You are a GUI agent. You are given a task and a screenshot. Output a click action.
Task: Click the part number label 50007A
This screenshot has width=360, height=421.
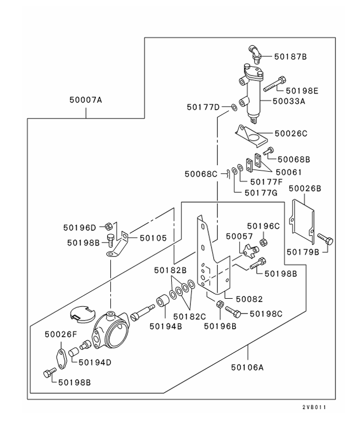click(86, 100)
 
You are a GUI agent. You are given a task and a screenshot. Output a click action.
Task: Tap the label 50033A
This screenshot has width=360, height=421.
click(289, 101)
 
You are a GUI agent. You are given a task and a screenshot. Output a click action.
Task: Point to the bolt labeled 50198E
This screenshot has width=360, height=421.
click(274, 84)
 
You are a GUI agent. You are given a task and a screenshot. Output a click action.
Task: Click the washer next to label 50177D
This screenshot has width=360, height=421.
click(234, 108)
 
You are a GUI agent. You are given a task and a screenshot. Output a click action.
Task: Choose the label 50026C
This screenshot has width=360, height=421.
click(291, 134)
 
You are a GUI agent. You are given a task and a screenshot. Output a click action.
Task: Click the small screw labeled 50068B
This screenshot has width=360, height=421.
click(268, 151)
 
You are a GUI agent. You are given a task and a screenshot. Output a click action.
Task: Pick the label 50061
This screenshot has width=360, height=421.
click(289, 172)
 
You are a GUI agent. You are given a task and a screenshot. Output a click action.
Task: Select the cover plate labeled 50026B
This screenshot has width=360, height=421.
click(302, 222)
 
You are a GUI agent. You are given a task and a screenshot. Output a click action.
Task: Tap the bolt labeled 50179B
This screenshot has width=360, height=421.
click(325, 238)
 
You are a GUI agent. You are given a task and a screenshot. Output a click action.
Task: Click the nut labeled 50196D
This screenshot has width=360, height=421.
click(108, 227)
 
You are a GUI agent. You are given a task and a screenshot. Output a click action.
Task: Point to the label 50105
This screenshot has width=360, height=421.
click(153, 238)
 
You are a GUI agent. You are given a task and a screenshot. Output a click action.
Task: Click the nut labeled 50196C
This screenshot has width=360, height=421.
click(263, 242)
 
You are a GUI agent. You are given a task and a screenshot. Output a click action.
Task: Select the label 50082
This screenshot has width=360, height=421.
click(249, 299)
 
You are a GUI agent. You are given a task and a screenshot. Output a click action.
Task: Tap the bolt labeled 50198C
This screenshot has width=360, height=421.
click(233, 312)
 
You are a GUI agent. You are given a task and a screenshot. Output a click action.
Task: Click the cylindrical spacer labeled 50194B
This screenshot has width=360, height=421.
click(163, 301)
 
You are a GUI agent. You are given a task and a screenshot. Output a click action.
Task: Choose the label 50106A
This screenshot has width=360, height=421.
click(247, 367)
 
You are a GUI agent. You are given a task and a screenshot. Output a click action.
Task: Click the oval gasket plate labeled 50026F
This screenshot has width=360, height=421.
click(61, 359)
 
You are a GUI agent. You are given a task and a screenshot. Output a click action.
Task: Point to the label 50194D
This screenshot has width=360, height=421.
click(95, 362)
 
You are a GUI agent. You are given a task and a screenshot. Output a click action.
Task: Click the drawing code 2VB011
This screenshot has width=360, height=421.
click(314, 407)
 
